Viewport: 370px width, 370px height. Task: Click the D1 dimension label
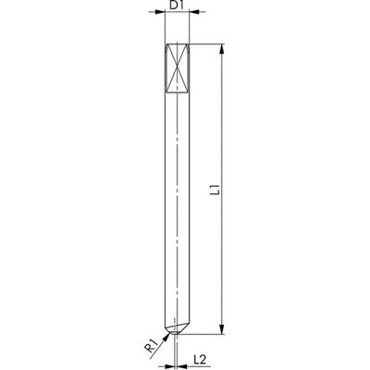tap(177, 6)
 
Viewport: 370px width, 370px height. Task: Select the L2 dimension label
tap(200, 359)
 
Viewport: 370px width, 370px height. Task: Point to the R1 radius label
tap(152, 348)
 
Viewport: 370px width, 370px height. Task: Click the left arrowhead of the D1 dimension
tap(160, 12)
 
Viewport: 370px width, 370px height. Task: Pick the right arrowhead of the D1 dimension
tap(193, 12)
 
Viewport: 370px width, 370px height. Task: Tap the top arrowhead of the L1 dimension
tap(222, 49)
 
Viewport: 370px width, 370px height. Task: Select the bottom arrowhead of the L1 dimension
tap(222, 329)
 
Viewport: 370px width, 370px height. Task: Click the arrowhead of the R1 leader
tap(166, 337)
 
